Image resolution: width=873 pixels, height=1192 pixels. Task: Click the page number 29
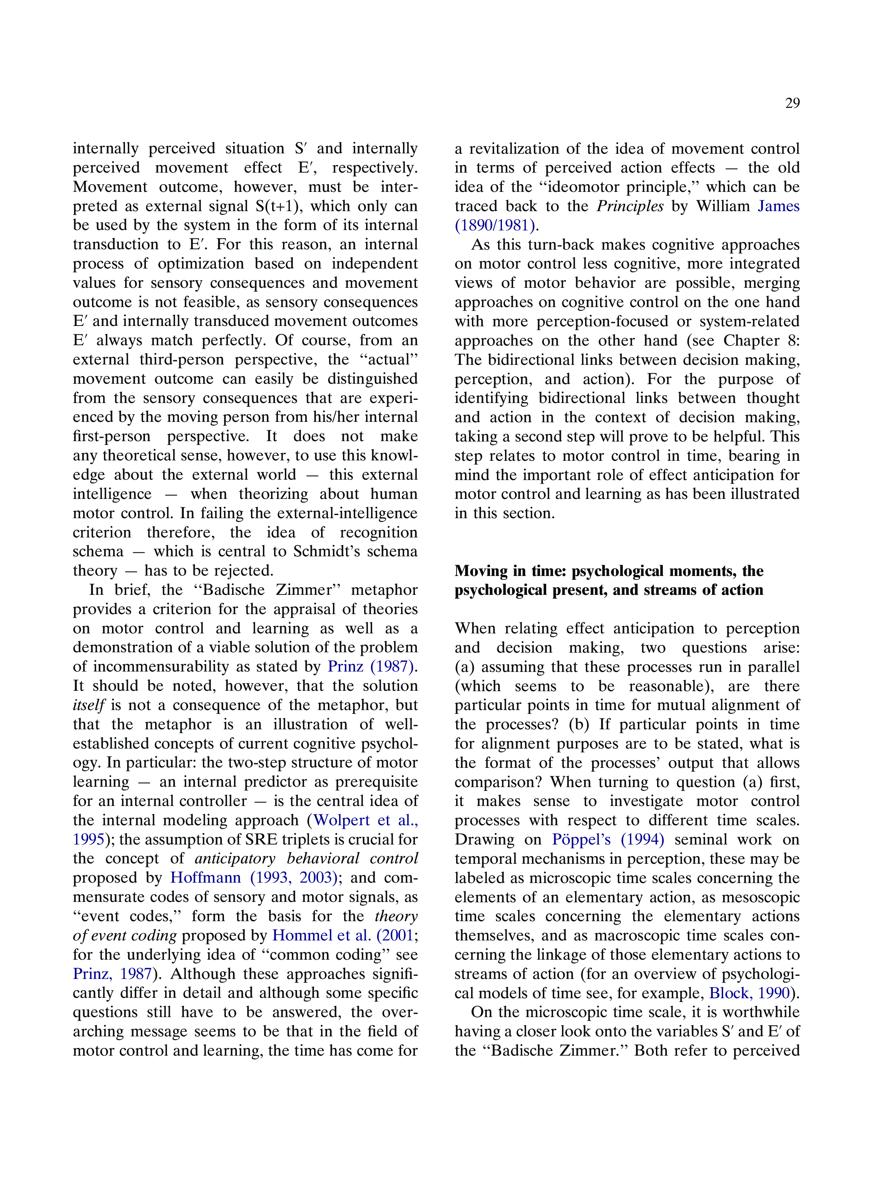pos(792,103)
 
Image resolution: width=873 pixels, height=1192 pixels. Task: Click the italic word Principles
pos(630,206)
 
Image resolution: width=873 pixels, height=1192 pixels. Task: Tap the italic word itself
pos(89,705)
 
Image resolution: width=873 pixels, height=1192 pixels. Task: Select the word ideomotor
pos(585,187)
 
